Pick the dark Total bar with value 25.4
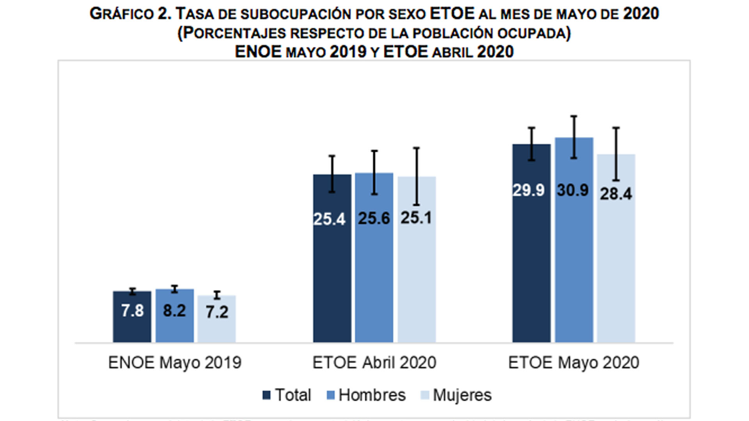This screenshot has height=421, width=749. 332,273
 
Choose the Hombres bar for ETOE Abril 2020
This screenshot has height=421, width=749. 374,273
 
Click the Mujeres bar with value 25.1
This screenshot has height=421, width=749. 417,273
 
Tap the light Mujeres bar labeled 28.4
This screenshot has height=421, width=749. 616,265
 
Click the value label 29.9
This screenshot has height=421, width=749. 529,190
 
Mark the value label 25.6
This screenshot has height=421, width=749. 374,218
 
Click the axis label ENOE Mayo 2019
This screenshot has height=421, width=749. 175,363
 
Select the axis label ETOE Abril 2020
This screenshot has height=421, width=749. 374,363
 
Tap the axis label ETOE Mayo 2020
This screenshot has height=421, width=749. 573,363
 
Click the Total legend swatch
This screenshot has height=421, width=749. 267,395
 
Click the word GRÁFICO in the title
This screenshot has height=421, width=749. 122,14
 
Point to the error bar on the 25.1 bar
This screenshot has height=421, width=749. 417,176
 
